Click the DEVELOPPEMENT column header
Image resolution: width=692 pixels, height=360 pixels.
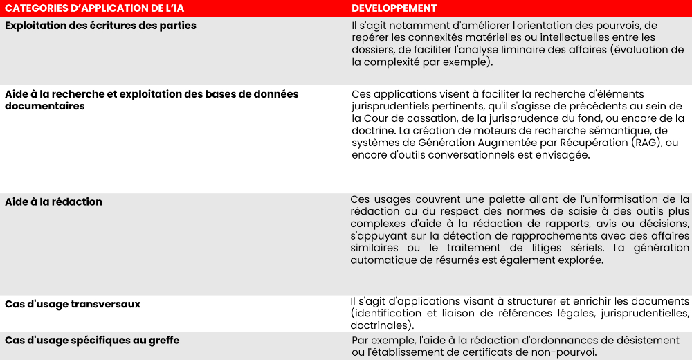pyautogui.click(x=394, y=8)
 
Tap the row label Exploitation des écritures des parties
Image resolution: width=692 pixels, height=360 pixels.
pyautogui.click(x=100, y=26)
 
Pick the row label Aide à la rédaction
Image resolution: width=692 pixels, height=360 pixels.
pyautogui.click(x=53, y=201)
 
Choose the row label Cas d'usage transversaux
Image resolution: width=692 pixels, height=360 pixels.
pyautogui.click(x=73, y=304)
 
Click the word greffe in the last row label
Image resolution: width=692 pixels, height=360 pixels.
pyautogui.click(x=162, y=340)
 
